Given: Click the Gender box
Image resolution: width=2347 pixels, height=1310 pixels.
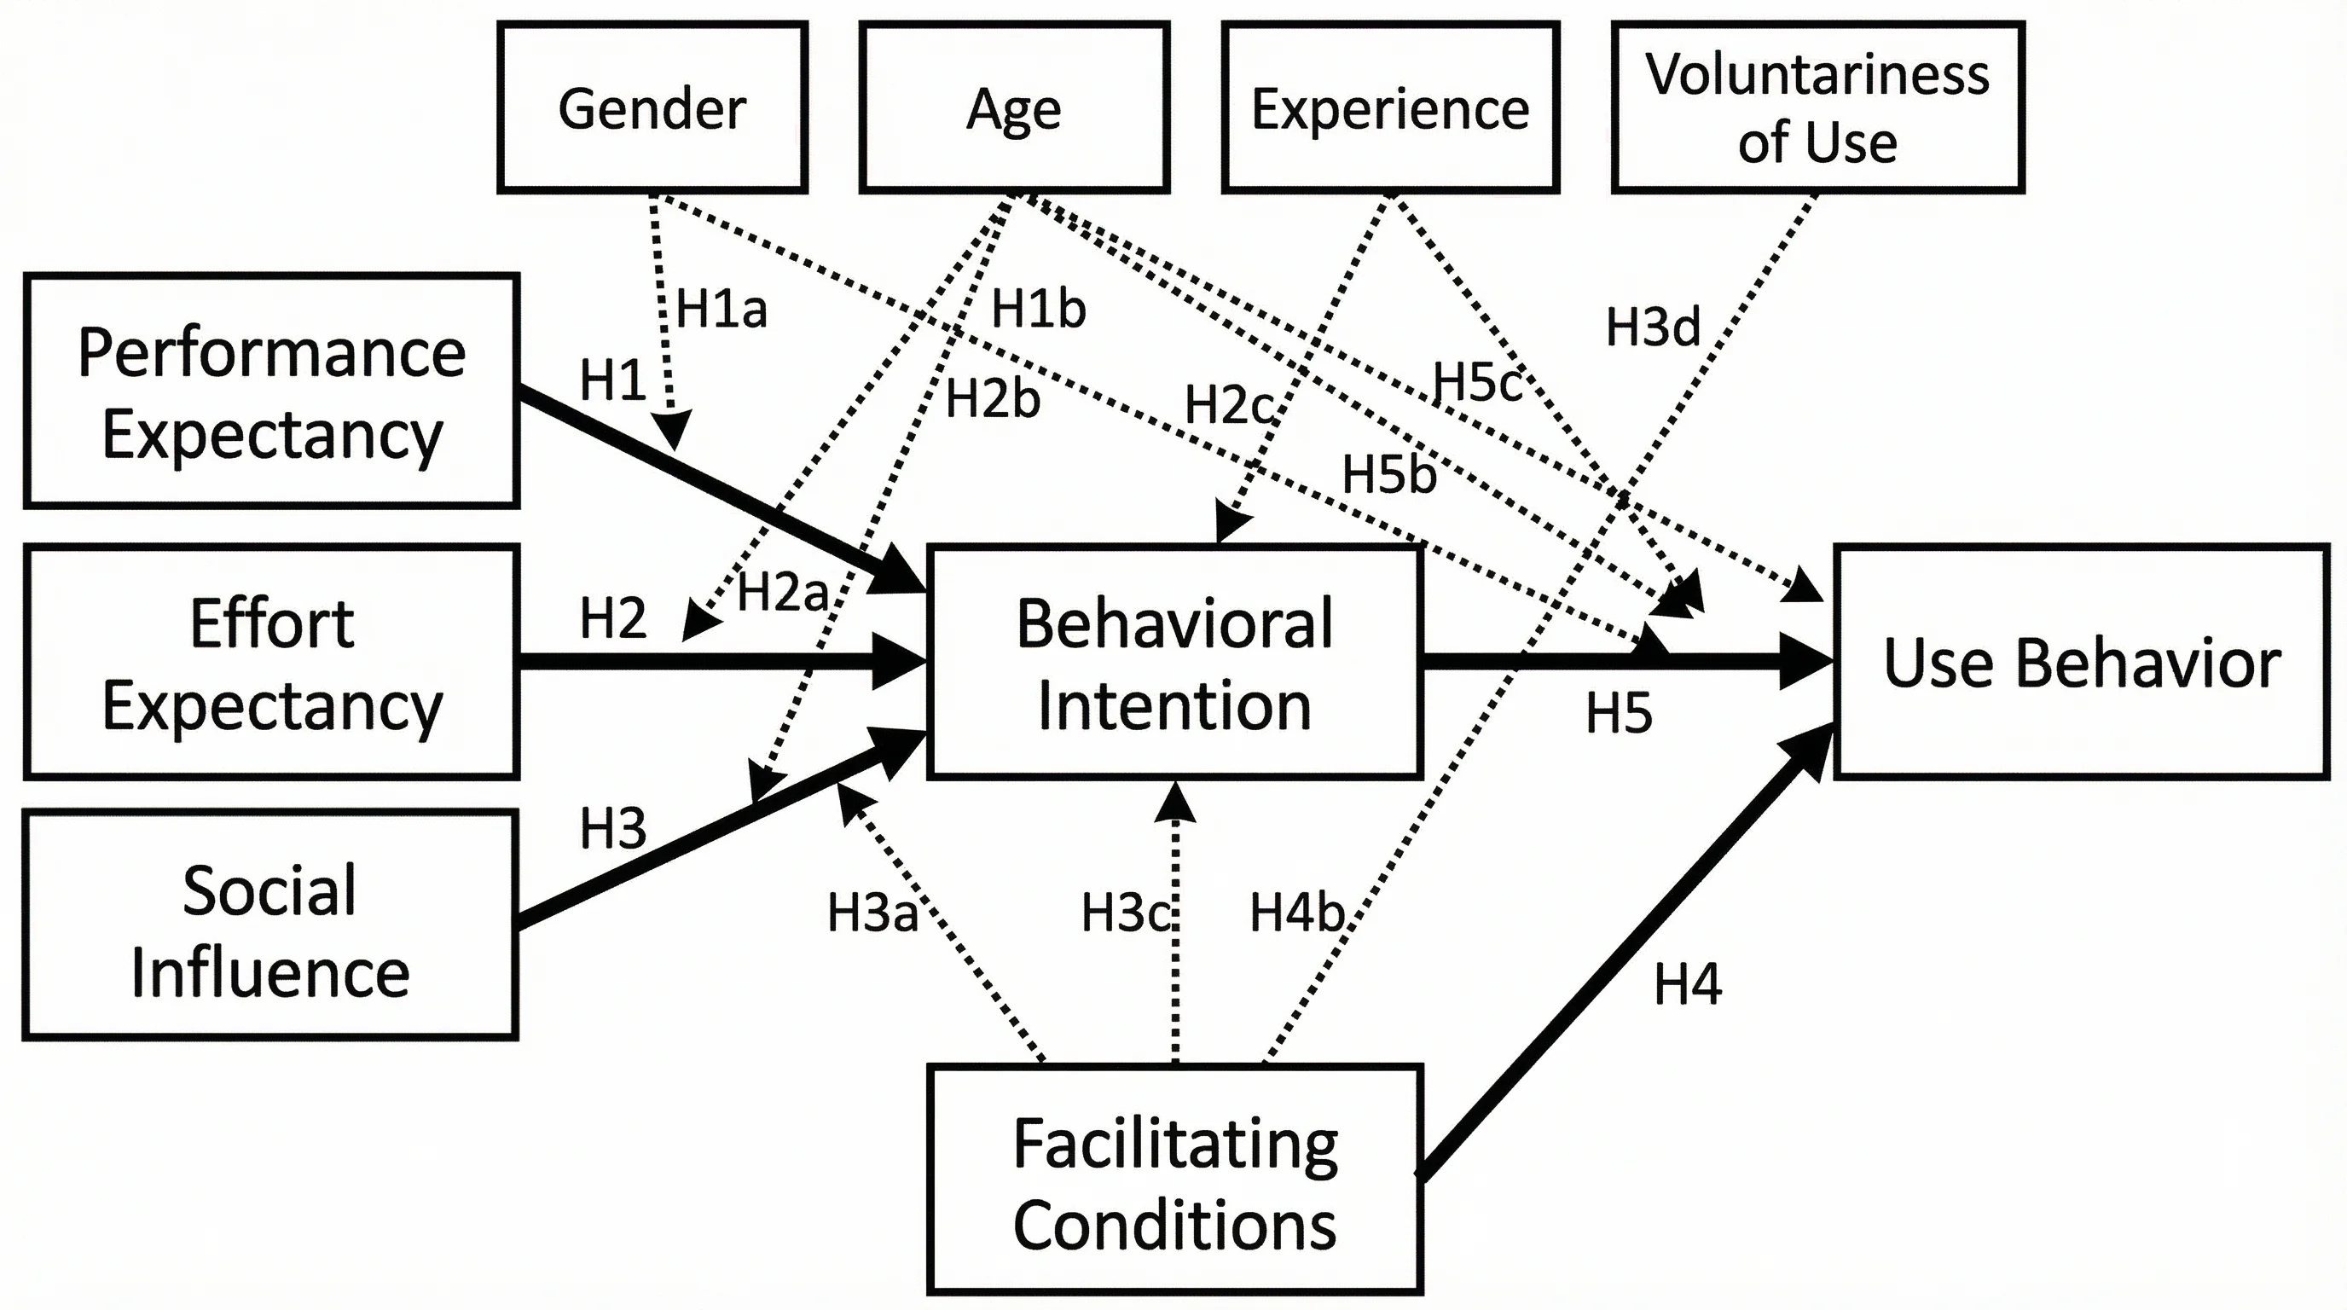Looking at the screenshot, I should point(652,107).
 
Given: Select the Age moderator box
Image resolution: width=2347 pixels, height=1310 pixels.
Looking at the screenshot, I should point(1013,107).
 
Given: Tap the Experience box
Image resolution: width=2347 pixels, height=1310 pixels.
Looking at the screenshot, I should point(1389,107).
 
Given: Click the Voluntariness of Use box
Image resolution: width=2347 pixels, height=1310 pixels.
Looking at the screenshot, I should point(1817,107).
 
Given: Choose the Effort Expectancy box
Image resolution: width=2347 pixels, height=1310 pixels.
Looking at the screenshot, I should point(271,663).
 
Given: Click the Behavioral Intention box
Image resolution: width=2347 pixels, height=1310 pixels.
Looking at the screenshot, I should point(1174,663).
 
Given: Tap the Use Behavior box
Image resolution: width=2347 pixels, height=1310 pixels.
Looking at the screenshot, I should point(2082,663).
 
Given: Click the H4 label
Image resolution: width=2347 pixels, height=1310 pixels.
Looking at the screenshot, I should point(1688,984).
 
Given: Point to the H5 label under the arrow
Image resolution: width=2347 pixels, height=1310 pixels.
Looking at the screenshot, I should point(1618,712).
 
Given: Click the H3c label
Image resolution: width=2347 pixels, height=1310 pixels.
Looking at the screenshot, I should point(1125,912).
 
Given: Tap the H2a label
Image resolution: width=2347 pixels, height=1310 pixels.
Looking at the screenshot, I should point(782,591).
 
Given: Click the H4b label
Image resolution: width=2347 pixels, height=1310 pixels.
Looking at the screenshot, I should point(1296,912).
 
